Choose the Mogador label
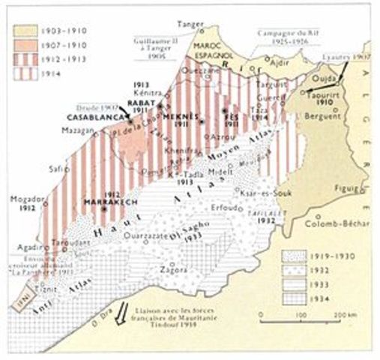point(24,200)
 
